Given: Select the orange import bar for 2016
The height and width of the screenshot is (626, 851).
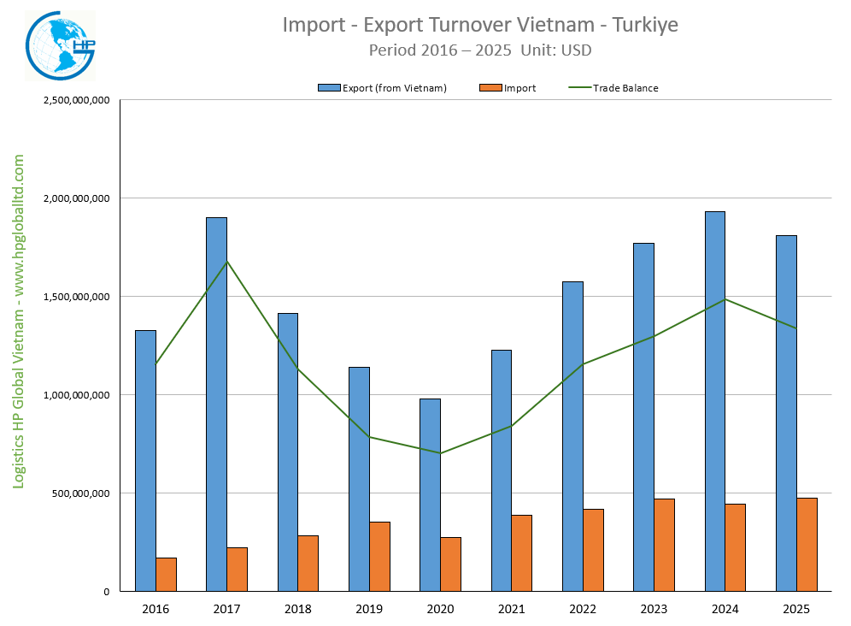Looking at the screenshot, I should pyautogui.click(x=166, y=574).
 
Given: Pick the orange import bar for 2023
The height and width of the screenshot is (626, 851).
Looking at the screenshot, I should pyautogui.click(x=664, y=545).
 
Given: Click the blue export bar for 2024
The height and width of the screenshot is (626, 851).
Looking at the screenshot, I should pyautogui.click(x=714, y=401).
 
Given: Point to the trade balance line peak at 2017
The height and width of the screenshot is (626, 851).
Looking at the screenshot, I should pyautogui.click(x=226, y=261).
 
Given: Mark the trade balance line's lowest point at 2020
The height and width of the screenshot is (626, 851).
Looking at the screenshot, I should pyautogui.click(x=440, y=453).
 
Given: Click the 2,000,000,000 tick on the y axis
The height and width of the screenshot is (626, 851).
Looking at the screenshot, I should pyautogui.click(x=76, y=198).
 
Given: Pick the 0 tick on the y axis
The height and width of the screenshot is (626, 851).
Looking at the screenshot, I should pyautogui.click(x=107, y=592).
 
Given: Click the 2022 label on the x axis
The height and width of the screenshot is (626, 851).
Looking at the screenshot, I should pyautogui.click(x=583, y=608).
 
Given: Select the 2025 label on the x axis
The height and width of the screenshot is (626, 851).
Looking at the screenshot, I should pyautogui.click(x=796, y=608).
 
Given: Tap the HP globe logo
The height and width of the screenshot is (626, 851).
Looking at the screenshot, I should pyautogui.click(x=59, y=46).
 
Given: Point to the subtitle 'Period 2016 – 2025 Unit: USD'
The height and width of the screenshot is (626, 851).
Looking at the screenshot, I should pyautogui.click(x=480, y=50).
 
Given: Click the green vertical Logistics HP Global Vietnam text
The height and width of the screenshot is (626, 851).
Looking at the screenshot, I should pyautogui.click(x=19, y=321).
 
